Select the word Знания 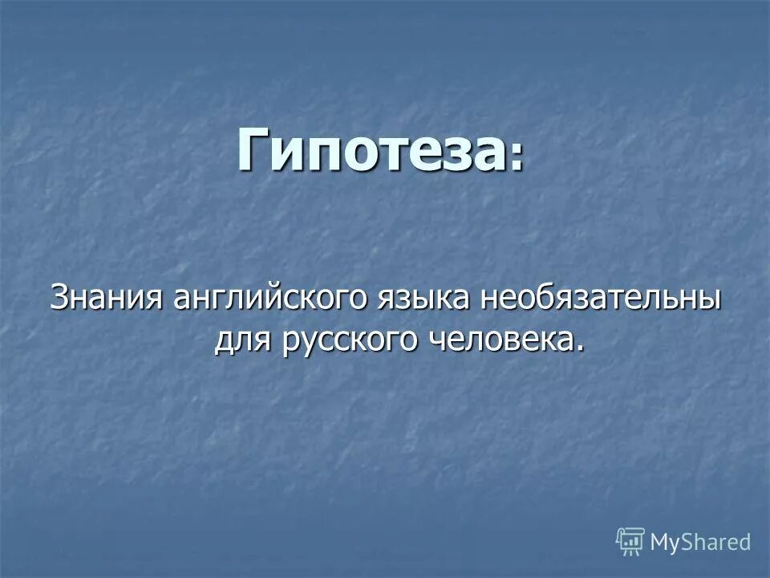(x=107, y=299)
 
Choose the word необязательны (x=601, y=299)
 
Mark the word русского (x=348, y=341)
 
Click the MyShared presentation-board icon (x=630, y=541)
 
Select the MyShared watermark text (x=700, y=542)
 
